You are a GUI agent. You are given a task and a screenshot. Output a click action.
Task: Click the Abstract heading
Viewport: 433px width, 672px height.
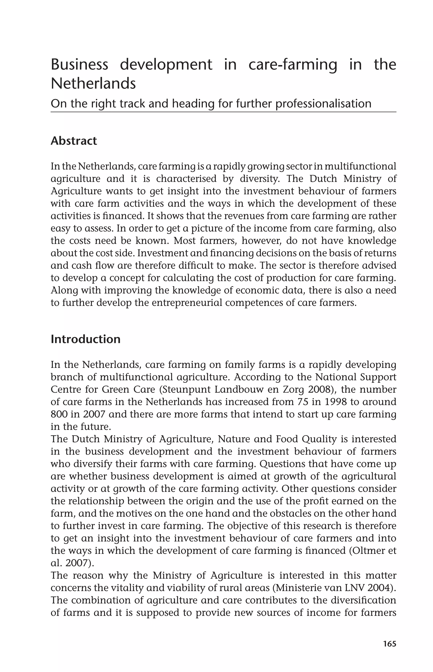click(x=74, y=141)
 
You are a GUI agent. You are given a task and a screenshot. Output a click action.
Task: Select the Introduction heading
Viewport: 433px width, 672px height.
click(x=85, y=339)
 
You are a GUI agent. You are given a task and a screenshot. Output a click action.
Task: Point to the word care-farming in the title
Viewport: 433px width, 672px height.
click(x=292, y=65)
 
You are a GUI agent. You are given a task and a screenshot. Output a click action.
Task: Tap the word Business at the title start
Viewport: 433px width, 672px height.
click(x=79, y=65)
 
